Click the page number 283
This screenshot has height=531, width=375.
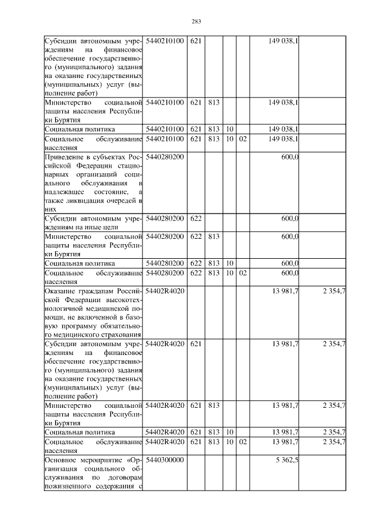pyautogui.click(x=196, y=22)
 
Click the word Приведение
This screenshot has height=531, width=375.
pyautogui.click(x=63, y=157)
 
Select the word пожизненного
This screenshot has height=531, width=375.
pyautogui.click(x=67, y=485)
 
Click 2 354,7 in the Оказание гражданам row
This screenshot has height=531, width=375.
pyautogui.click(x=333, y=290)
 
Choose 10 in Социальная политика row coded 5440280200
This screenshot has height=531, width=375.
pyautogui.click(x=230, y=263)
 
